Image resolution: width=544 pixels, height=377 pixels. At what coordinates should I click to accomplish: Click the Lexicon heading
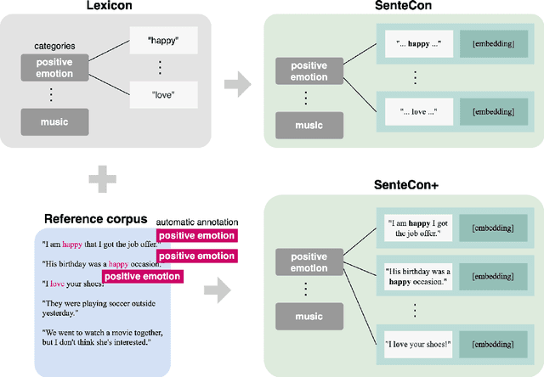point(127,7)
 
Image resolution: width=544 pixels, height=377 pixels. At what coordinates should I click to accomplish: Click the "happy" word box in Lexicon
point(162,38)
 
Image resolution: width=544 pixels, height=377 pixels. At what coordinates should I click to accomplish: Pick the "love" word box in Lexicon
point(162,93)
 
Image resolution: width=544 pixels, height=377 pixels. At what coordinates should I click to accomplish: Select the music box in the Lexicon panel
point(54,122)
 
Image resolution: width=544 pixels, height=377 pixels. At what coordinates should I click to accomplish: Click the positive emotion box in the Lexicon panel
point(54,68)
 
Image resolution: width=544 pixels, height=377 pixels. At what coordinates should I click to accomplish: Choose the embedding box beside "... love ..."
point(487,111)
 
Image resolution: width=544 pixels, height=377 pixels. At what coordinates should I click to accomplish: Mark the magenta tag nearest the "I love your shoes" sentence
point(141,276)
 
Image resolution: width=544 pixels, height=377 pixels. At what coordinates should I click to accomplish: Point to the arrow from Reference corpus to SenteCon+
point(218,291)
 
